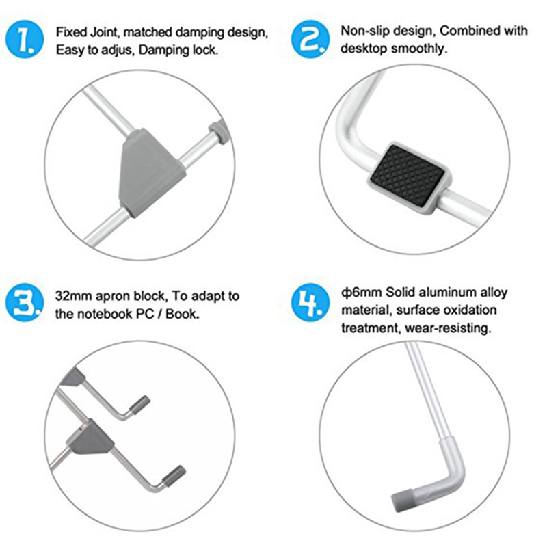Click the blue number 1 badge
pyautogui.click(x=25, y=39)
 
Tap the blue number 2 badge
pyautogui.click(x=310, y=39)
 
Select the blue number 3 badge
pyautogui.click(x=25, y=302)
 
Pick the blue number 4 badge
pyautogui.click(x=310, y=302)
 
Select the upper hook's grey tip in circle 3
pyautogui.click(x=140, y=405)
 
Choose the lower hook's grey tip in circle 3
pyautogui.click(x=174, y=476)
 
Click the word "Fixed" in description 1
pyautogui.click(x=71, y=32)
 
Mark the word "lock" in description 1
pyautogui.click(x=205, y=50)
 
